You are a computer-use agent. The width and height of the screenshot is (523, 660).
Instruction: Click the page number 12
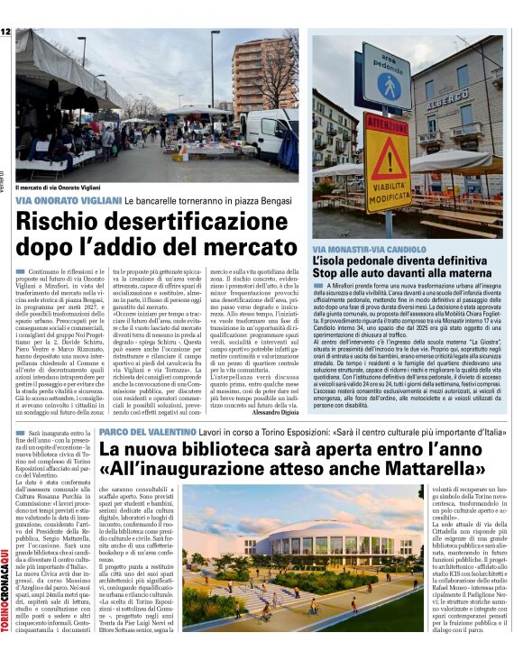(5, 32)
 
